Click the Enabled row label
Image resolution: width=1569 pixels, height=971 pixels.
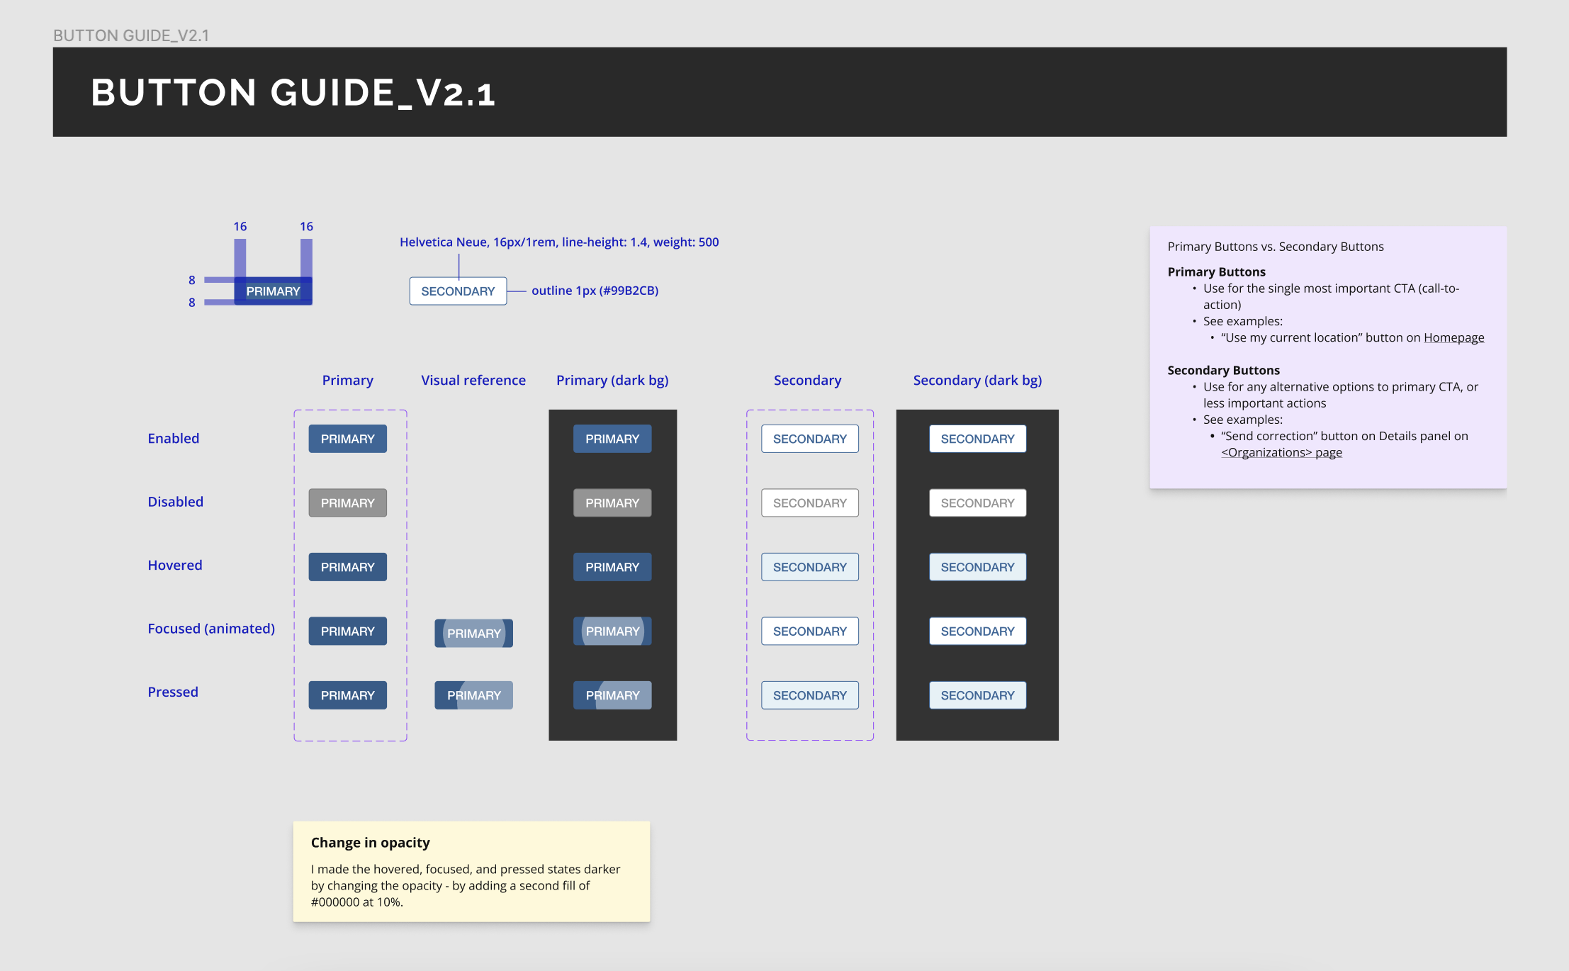(x=173, y=438)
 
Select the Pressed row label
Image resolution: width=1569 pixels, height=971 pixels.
(x=172, y=692)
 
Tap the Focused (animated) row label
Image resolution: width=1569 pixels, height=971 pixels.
(x=210, y=628)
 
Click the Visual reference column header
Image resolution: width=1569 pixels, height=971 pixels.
(x=473, y=380)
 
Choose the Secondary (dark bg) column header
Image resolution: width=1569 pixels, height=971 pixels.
(x=977, y=380)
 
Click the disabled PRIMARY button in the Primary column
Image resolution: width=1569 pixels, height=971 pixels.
(x=347, y=503)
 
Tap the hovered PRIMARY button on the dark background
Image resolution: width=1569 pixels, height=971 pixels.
(x=612, y=567)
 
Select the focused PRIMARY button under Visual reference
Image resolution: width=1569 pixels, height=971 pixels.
(x=473, y=633)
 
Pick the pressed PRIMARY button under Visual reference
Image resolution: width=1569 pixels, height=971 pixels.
(x=473, y=695)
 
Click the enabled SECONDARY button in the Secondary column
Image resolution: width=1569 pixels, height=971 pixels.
(x=809, y=439)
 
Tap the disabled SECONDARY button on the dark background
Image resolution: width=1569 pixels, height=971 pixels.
(x=977, y=503)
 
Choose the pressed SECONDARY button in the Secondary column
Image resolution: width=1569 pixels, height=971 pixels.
(x=809, y=695)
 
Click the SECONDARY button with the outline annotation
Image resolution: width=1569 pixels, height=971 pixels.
(x=458, y=291)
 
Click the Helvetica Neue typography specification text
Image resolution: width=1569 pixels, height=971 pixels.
(x=558, y=242)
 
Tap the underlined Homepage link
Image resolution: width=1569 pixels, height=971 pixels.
(x=1453, y=337)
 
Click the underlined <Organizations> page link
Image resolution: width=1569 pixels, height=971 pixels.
(x=1281, y=452)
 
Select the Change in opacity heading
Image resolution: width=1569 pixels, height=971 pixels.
(x=370, y=842)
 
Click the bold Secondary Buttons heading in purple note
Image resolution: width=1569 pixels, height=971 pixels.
(x=1223, y=370)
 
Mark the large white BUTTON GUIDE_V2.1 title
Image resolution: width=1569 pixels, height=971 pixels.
(x=293, y=92)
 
